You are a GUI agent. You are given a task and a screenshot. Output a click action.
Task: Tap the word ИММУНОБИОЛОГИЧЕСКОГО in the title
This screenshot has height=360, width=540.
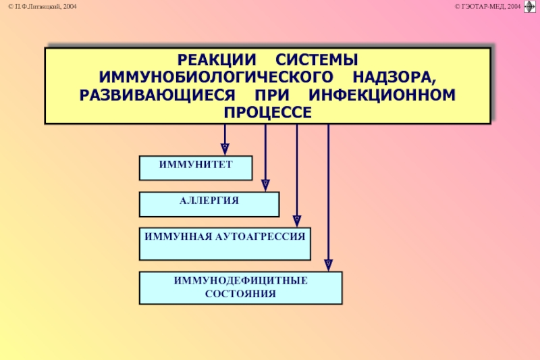216,77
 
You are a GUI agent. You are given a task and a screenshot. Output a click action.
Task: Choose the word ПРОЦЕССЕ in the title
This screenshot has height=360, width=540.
268,111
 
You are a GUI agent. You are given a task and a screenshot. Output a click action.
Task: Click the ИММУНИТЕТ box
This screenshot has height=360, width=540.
195,168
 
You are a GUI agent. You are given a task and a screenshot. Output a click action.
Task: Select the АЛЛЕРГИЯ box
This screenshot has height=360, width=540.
209,203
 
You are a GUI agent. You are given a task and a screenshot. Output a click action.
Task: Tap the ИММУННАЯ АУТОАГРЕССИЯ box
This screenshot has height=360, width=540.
225,244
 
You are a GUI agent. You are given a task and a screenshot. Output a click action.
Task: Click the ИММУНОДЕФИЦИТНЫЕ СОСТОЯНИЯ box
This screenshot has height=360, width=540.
240,287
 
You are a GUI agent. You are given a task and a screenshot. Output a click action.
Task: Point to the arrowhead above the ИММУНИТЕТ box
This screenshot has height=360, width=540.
225,147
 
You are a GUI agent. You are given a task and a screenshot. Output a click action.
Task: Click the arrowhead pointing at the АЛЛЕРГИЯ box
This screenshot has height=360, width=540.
265,184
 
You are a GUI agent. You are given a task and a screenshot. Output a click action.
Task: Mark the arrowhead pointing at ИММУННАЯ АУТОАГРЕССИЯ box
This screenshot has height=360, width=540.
296,220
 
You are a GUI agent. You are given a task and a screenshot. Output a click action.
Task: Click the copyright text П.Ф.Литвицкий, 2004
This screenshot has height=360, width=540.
43,6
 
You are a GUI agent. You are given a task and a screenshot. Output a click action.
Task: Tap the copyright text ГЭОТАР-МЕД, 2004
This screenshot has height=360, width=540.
488,6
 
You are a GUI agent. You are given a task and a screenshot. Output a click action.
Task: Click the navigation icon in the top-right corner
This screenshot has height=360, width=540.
530,7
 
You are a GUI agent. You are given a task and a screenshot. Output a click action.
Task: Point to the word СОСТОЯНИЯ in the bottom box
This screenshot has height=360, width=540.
240,293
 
